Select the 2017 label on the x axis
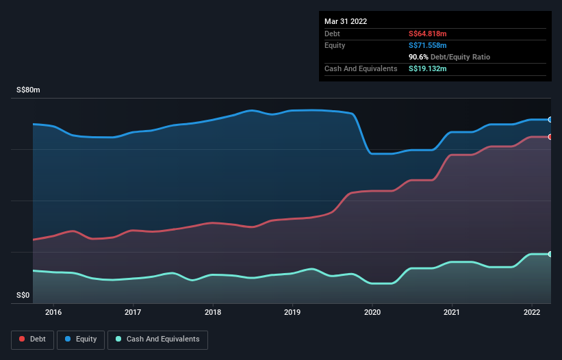(133, 312)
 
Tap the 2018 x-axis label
(213, 312)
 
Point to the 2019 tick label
(292, 312)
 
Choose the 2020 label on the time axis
(372, 312)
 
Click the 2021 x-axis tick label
(452, 312)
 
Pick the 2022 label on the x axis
(532, 312)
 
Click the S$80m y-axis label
(28, 90)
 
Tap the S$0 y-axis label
(23, 296)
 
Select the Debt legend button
(32, 339)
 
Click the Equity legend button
(81, 339)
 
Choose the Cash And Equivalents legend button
(157, 339)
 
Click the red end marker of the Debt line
(550, 137)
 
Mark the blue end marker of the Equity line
(550, 120)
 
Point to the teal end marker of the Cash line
(550, 254)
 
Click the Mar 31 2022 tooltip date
(346, 21)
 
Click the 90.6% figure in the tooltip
(419, 57)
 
